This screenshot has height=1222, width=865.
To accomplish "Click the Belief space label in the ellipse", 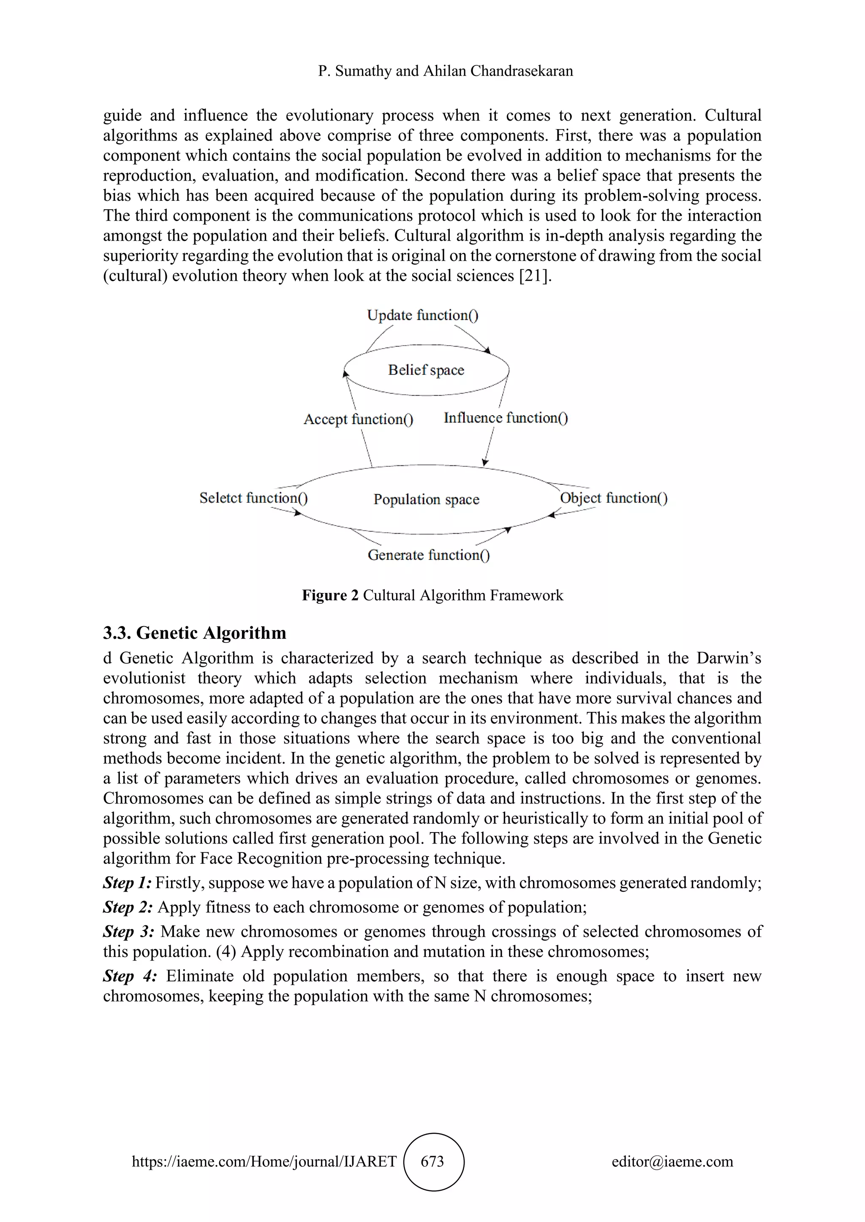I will (x=426, y=370).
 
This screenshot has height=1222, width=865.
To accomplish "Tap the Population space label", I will (x=426, y=499).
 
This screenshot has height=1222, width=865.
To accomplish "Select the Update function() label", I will (x=422, y=315).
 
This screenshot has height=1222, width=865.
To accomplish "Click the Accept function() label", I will (x=358, y=419).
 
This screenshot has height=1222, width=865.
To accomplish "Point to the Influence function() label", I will (x=506, y=418).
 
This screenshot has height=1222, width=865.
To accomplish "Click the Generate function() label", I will (x=429, y=555).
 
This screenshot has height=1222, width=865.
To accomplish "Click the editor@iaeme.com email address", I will (x=672, y=1161).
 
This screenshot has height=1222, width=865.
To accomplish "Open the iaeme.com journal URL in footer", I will (x=264, y=1161).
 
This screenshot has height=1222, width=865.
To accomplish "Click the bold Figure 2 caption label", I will (x=330, y=595).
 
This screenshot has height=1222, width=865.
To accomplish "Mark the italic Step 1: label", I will (x=127, y=883).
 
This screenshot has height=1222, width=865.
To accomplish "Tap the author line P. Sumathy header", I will (x=445, y=71).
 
